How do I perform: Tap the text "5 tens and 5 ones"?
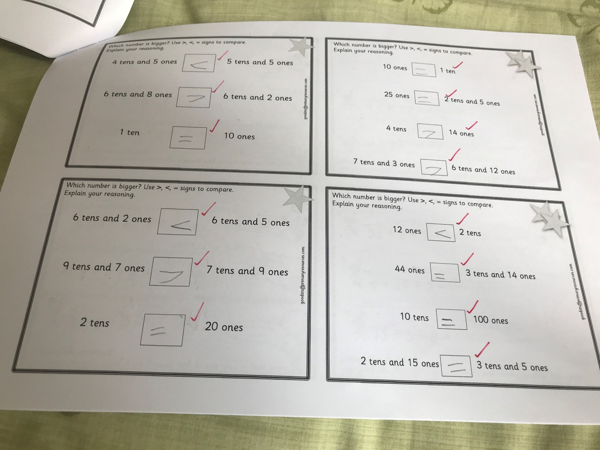pyautogui.click(x=260, y=62)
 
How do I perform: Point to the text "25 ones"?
pyautogui.click(x=397, y=95)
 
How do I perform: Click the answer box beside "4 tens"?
pyautogui.click(x=430, y=131)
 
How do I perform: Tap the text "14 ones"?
pyautogui.click(x=461, y=133)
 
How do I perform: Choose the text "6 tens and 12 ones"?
pyautogui.click(x=483, y=170)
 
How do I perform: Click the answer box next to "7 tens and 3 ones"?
pyautogui.click(x=434, y=168)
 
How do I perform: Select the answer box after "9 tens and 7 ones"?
pyautogui.click(x=171, y=272)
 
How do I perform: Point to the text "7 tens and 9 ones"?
pyautogui.click(x=247, y=271)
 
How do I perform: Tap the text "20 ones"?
pyautogui.click(x=224, y=327)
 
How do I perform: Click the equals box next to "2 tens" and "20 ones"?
pyautogui.click(x=163, y=330)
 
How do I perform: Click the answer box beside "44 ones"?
pyautogui.click(x=445, y=272)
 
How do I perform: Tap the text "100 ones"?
pyautogui.click(x=490, y=320)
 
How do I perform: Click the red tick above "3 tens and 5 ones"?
pyautogui.click(x=482, y=350)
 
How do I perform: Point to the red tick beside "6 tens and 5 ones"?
pyautogui.click(x=208, y=209)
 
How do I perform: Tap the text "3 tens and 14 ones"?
pyautogui.click(x=500, y=275)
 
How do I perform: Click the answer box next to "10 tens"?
pyautogui.click(x=451, y=319)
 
